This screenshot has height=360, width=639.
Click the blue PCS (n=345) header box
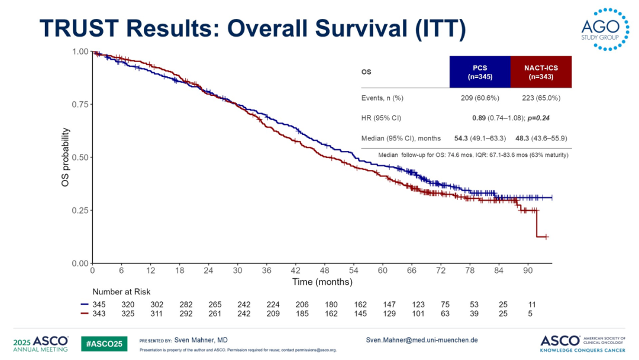(x=480, y=72)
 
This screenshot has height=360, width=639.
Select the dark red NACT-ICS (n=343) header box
(x=541, y=72)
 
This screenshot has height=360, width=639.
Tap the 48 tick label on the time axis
(x=325, y=271)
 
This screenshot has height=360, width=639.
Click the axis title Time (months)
(x=322, y=282)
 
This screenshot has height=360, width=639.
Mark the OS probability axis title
(x=66, y=157)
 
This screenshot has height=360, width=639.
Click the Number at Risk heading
(x=121, y=292)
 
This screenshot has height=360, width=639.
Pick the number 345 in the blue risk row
(x=99, y=303)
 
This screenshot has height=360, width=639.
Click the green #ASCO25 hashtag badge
(x=104, y=343)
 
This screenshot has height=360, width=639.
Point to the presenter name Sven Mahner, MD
(x=201, y=340)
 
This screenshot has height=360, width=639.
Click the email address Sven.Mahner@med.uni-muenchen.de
(x=422, y=340)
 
